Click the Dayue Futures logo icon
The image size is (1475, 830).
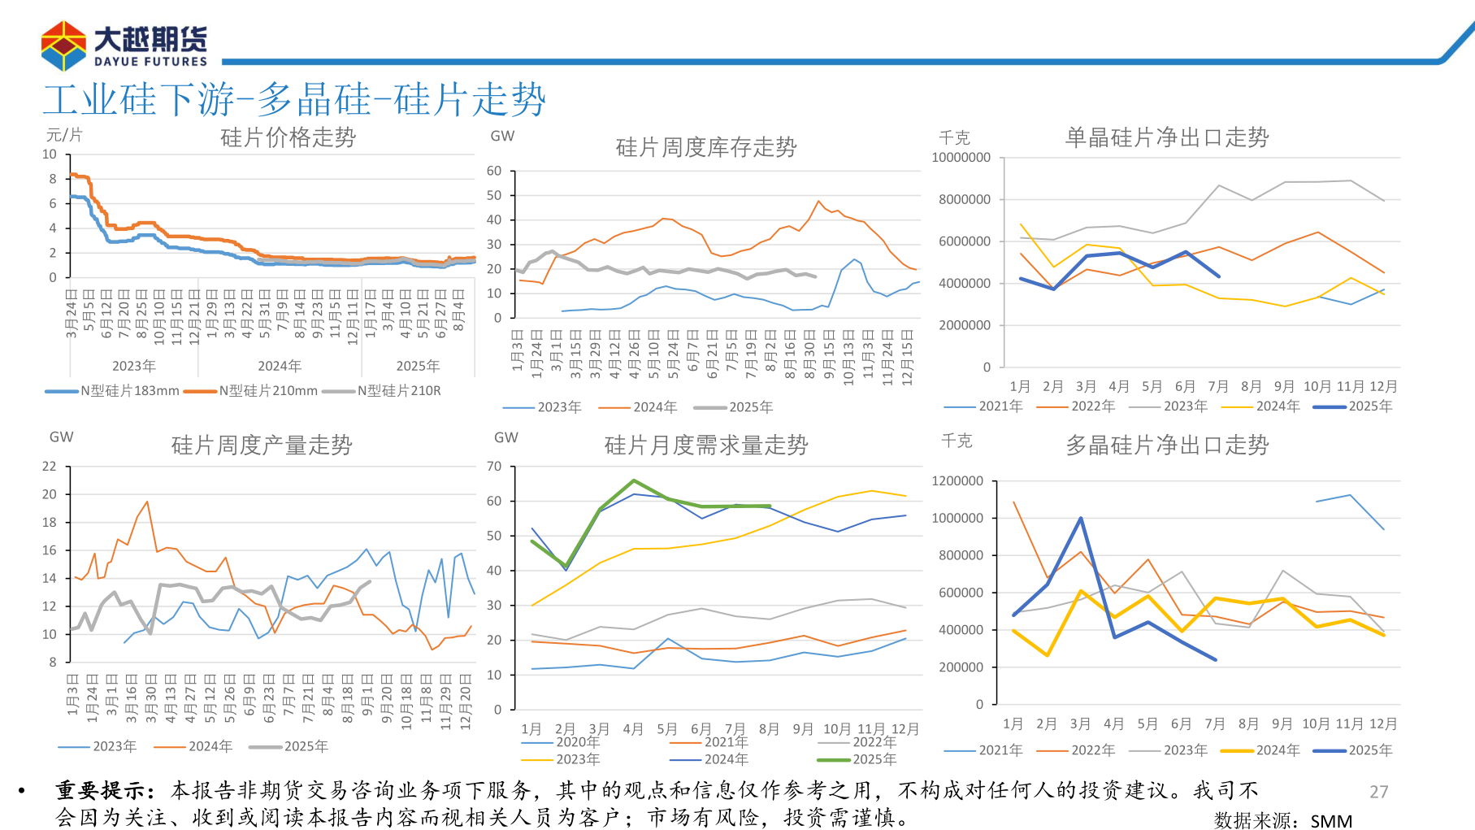[63, 46]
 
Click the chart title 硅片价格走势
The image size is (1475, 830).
[288, 137]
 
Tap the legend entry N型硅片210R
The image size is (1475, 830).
[390, 391]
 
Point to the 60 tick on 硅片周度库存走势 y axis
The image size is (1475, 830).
[494, 171]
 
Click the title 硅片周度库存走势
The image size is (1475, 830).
[705, 147]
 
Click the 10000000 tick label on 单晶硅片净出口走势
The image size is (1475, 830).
[961, 158]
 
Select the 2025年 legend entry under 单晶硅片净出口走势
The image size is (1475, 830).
[1361, 406]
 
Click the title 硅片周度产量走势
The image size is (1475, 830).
[261, 445]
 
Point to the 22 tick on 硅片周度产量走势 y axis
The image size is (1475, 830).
[50, 467]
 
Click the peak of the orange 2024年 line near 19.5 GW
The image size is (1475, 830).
[147, 502]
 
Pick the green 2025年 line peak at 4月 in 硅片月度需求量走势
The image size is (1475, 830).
[634, 480]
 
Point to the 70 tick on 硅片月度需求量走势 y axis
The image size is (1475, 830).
[494, 467]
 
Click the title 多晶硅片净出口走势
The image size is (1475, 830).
[1166, 445]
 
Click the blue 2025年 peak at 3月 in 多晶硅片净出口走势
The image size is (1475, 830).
[1080, 518]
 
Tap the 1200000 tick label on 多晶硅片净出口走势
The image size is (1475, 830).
[957, 481]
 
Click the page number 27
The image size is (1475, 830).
[1378, 792]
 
